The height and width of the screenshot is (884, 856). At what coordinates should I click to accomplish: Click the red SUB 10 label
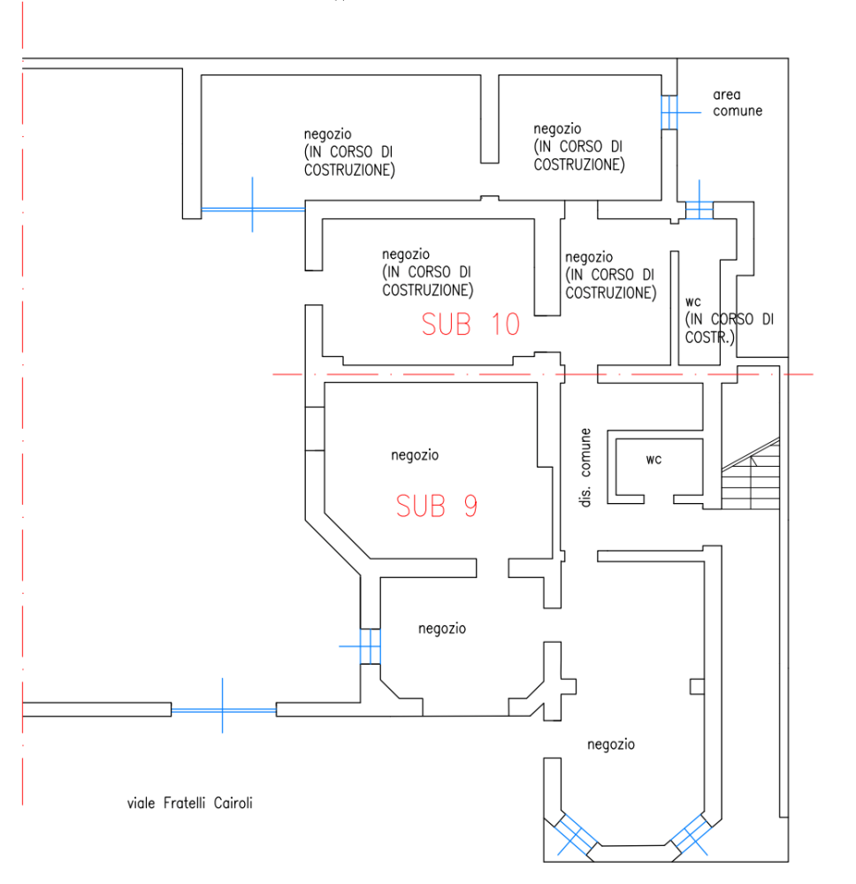(470, 324)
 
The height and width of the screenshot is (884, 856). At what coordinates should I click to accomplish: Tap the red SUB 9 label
(437, 506)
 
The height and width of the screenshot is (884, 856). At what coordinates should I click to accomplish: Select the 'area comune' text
(737, 103)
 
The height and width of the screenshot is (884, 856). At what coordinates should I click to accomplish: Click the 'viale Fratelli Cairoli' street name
(189, 803)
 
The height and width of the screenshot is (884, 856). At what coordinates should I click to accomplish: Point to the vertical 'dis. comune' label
(585, 468)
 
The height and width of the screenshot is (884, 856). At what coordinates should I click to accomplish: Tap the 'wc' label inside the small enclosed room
(653, 460)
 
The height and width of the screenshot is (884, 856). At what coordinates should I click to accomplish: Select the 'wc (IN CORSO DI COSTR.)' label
(730, 320)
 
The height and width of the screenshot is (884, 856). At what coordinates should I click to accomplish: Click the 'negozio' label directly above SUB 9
(415, 455)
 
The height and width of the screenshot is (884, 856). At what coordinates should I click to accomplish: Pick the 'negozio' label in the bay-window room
(611, 744)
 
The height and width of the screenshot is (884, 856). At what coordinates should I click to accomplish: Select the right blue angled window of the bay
(689, 834)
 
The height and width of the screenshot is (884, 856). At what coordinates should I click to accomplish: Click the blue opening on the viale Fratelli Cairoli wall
(224, 710)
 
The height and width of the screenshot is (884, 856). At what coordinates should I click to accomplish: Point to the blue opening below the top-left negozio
(253, 210)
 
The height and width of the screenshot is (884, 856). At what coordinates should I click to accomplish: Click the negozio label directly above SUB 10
(427, 272)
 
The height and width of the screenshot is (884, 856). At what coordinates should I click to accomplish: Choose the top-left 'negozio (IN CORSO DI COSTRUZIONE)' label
(349, 152)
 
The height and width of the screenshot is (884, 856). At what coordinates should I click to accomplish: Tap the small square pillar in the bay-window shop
(697, 686)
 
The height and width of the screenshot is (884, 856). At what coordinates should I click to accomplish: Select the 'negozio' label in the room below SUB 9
(442, 629)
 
